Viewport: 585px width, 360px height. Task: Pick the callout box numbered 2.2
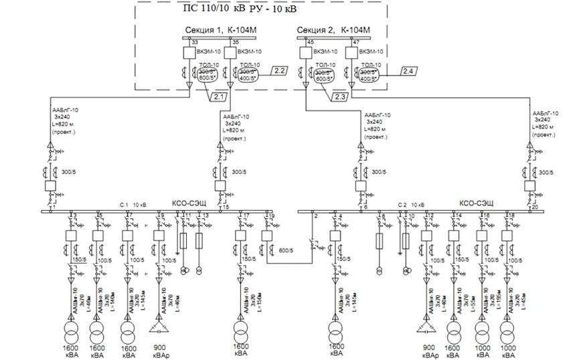pos(279,70)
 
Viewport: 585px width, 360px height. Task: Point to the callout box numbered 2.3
pos(339,98)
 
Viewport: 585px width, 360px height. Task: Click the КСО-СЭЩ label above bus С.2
pos(476,203)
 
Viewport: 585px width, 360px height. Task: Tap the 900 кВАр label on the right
pos(430,351)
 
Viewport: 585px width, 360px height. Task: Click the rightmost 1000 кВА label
pos(508,351)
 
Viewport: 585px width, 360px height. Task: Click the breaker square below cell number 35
pos(230,53)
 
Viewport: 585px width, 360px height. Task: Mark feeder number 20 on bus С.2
pos(533,207)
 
